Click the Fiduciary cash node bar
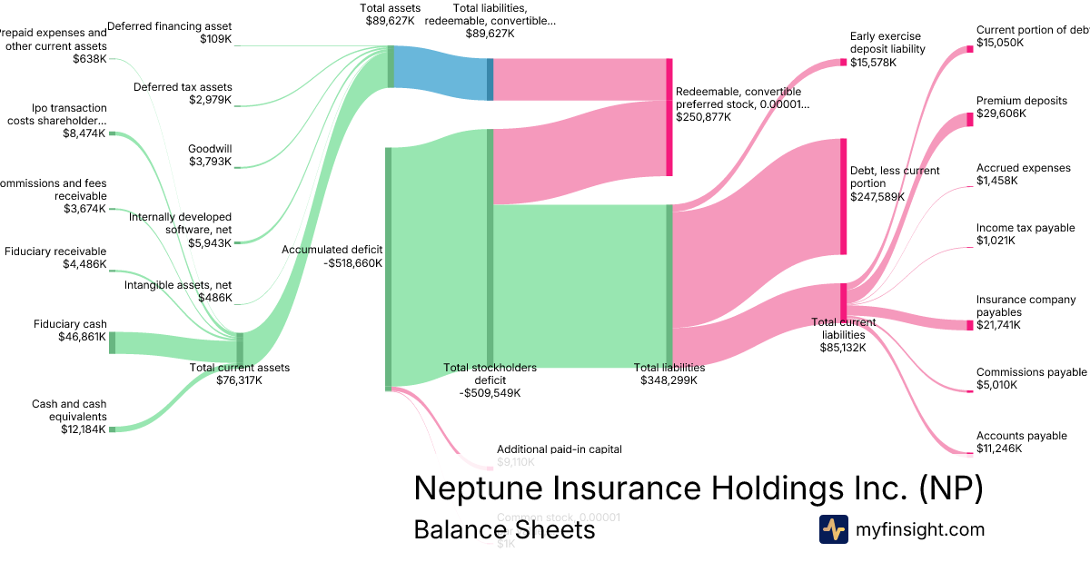point(113,342)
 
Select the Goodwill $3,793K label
point(210,155)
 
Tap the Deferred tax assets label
point(183,87)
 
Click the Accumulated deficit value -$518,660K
point(352,263)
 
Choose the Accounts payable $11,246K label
point(1021,442)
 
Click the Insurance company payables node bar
point(969,325)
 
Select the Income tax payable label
point(1026,228)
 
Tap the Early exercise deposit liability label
point(887,43)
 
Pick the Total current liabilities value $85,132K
point(844,347)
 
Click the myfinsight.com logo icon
point(833,529)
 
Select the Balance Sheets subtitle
point(504,529)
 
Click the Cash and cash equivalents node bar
point(113,429)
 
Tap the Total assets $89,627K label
point(390,13)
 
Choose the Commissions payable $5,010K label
point(1031,378)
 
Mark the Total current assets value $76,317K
point(240,380)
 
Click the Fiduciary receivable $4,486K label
point(55,258)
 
